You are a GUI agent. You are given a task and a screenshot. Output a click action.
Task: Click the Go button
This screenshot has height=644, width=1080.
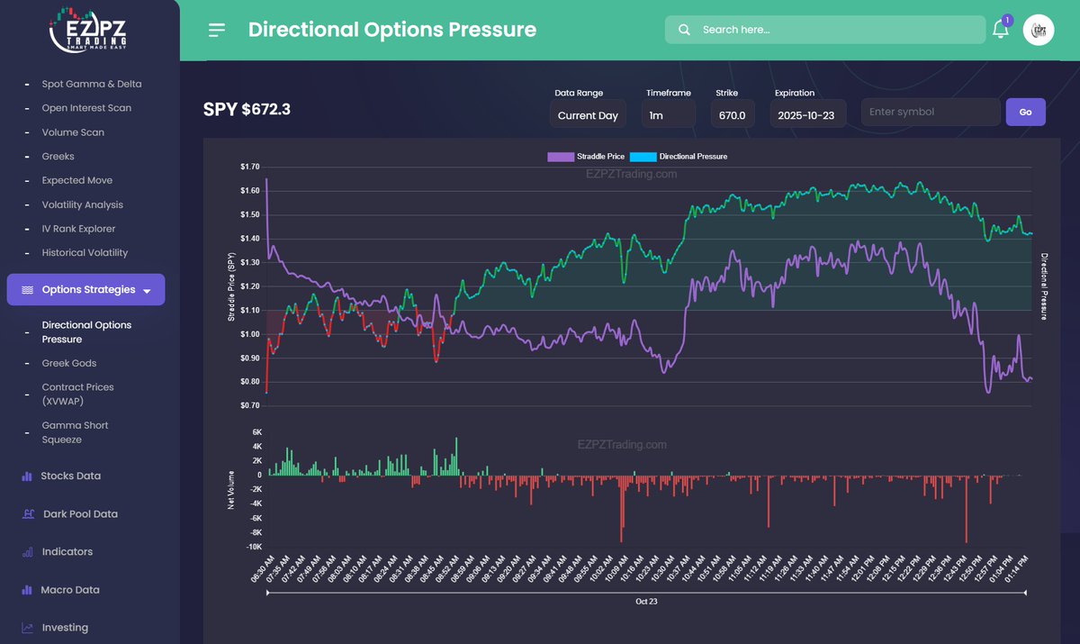[1025, 112]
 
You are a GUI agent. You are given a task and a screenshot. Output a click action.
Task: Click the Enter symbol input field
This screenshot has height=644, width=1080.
[931, 112]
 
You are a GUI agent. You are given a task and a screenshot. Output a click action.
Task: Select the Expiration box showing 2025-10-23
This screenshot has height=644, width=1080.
[807, 115]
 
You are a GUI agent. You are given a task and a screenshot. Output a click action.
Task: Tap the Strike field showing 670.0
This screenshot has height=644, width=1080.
[732, 115]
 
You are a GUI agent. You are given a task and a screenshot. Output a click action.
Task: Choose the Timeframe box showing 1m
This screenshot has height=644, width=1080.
[668, 115]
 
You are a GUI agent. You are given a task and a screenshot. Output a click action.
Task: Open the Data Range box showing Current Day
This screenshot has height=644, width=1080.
[588, 115]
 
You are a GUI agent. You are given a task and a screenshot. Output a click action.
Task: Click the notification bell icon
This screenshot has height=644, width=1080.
[1000, 30]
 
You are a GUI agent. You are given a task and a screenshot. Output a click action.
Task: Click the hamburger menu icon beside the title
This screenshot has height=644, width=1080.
[217, 30]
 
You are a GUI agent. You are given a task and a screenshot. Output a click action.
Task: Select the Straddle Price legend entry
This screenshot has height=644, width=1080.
[586, 157]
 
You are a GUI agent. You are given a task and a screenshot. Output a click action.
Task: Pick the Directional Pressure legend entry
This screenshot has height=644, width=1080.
[679, 157]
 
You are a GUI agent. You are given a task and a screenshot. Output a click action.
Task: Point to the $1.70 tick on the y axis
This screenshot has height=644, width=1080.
[249, 167]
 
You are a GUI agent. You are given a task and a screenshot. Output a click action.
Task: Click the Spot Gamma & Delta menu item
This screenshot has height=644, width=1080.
[92, 84]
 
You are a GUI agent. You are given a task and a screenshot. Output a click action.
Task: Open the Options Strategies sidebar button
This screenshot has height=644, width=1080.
[85, 290]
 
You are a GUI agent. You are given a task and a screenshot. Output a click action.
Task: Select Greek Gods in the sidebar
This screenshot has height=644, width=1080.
[69, 363]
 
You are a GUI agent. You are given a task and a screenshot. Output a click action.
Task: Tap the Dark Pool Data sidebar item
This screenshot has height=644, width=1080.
[80, 514]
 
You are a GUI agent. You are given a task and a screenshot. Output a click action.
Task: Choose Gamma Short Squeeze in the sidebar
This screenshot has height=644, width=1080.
[75, 432]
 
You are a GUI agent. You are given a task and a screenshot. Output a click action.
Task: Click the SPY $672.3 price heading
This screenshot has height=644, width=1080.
[247, 110]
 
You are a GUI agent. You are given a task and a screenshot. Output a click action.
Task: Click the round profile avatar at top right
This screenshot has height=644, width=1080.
[1039, 30]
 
